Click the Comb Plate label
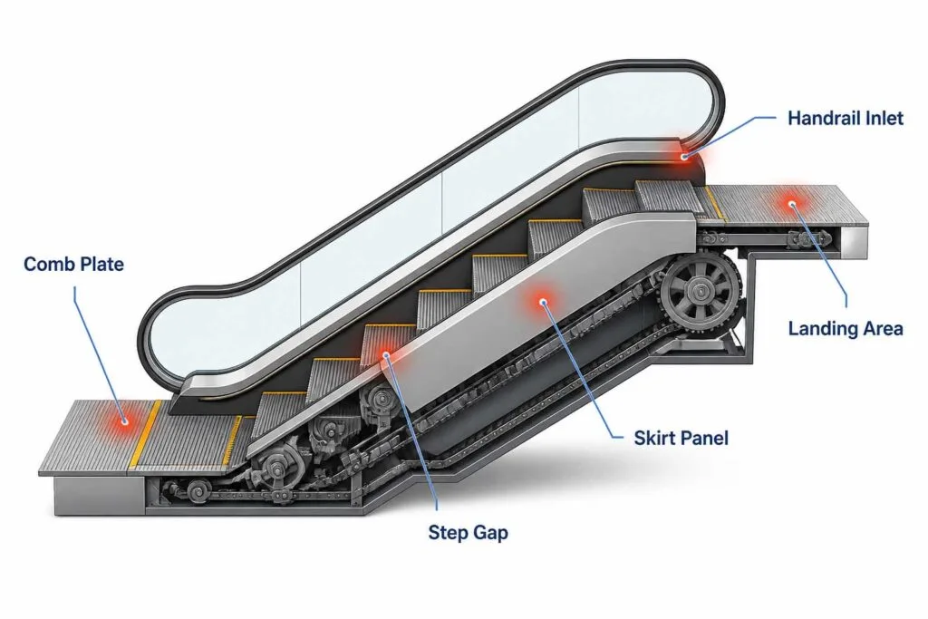[x=74, y=264]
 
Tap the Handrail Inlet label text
[x=846, y=119]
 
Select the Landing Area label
[x=846, y=329]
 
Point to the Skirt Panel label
[x=681, y=438]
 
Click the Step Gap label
[x=469, y=533]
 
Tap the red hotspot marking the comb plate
[x=125, y=421]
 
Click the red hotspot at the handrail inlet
[x=685, y=156]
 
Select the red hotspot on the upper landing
[x=792, y=204]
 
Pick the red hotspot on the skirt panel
[x=543, y=302]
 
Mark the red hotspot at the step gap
[x=386, y=355]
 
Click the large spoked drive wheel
[x=701, y=291]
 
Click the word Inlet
[x=884, y=119]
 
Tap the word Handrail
[x=824, y=119]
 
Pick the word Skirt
[x=654, y=438]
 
